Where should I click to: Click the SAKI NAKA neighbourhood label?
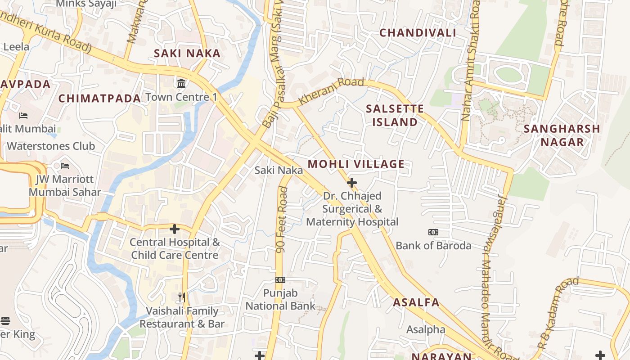[187, 53]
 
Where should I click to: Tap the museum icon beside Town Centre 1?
[182, 83]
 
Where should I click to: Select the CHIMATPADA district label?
[99, 98]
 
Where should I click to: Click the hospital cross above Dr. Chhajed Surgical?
[352, 183]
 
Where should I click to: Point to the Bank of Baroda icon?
[433, 232]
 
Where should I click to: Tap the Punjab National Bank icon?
[280, 280]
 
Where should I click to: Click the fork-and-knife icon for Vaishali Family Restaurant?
[182, 297]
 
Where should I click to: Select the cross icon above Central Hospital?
[175, 229]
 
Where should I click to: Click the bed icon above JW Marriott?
[65, 166]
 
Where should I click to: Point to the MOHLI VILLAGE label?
[356, 164]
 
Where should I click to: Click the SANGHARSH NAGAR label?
[562, 135]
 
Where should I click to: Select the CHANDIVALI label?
[418, 32]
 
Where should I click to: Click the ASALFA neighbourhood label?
[416, 302]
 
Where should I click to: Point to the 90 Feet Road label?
[282, 220]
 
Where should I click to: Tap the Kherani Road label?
[331, 91]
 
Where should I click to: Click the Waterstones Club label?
[51, 146]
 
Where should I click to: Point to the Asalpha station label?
[426, 329]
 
